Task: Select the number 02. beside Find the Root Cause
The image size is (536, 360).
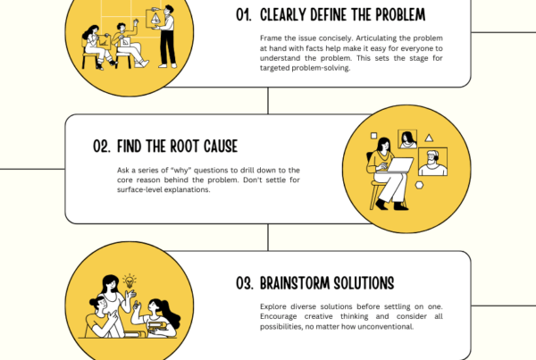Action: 101,146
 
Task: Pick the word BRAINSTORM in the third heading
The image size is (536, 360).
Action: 299,283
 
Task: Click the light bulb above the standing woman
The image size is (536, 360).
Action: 130,279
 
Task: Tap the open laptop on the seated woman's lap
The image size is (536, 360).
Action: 399,165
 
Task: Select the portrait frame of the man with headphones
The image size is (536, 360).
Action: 432,162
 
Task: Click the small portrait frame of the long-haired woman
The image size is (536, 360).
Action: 407,138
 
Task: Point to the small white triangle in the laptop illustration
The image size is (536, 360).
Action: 430,138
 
